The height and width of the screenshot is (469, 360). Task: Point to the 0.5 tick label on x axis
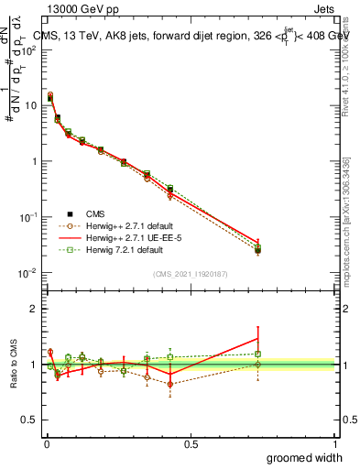[x=190, y=443]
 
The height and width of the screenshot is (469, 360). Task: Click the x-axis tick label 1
[x=334, y=443]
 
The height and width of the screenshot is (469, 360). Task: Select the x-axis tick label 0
[x=46, y=443]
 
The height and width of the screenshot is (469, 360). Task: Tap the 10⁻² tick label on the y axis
[x=29, y=273]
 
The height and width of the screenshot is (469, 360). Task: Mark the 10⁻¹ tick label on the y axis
[x=29, y=217]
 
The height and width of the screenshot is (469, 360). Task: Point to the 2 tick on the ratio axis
[x=35, y=309]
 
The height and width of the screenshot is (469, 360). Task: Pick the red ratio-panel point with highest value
[x=257, y=339]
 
